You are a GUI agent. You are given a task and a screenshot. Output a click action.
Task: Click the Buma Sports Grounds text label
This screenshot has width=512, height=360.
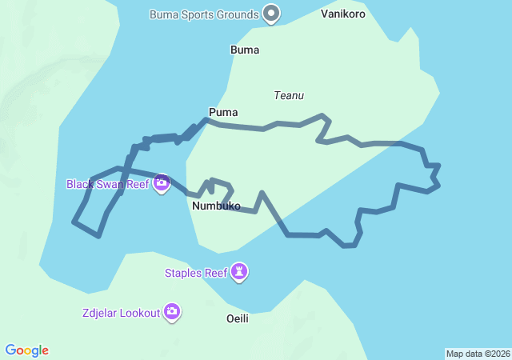204,14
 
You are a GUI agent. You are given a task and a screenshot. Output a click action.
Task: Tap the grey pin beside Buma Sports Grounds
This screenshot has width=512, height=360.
272,13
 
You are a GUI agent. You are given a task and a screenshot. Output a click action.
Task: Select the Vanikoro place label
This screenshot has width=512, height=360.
343,14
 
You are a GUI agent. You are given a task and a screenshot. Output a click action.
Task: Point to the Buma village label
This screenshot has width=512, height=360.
245,50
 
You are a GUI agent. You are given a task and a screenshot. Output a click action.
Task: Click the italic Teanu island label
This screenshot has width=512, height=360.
289,95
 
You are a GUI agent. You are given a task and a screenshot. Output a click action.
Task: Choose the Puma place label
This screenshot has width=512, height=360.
223,112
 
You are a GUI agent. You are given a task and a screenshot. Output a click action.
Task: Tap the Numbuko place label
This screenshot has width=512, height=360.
216,206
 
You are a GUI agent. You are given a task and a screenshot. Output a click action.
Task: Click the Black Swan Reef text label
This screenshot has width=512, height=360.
108,184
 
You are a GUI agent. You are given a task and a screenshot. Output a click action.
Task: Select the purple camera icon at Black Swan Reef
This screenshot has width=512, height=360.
162,184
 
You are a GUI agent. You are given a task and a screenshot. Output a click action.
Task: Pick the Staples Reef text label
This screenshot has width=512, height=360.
196,273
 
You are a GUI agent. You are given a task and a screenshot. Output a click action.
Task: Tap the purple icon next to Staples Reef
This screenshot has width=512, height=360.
239,273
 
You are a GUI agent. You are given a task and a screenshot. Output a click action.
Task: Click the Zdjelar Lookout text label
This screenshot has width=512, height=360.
121,313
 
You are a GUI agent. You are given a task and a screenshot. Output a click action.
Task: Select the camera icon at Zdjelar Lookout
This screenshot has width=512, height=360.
172,312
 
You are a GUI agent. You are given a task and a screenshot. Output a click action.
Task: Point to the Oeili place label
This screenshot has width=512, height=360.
238,318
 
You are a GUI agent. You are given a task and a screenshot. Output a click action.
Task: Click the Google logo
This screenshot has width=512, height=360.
27,350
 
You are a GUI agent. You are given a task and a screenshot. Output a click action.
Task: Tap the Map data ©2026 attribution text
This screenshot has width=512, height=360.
478,354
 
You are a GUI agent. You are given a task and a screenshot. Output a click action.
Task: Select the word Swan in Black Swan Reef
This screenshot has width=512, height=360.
112,184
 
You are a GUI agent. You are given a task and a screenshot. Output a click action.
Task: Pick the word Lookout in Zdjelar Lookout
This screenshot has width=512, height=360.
139,313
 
